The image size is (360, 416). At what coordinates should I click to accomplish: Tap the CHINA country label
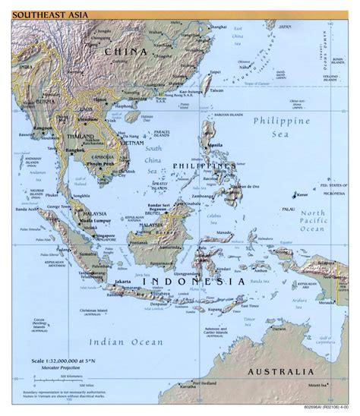coord(125,51)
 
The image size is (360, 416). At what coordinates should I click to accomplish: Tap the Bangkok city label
coord(74,151)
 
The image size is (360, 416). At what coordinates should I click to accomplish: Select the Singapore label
coord(108,236)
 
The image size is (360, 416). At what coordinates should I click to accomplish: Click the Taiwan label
coord(217,90)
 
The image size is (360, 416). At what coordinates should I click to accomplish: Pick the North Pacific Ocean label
coord(311,219)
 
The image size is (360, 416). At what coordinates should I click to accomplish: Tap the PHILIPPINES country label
coord(201,165)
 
